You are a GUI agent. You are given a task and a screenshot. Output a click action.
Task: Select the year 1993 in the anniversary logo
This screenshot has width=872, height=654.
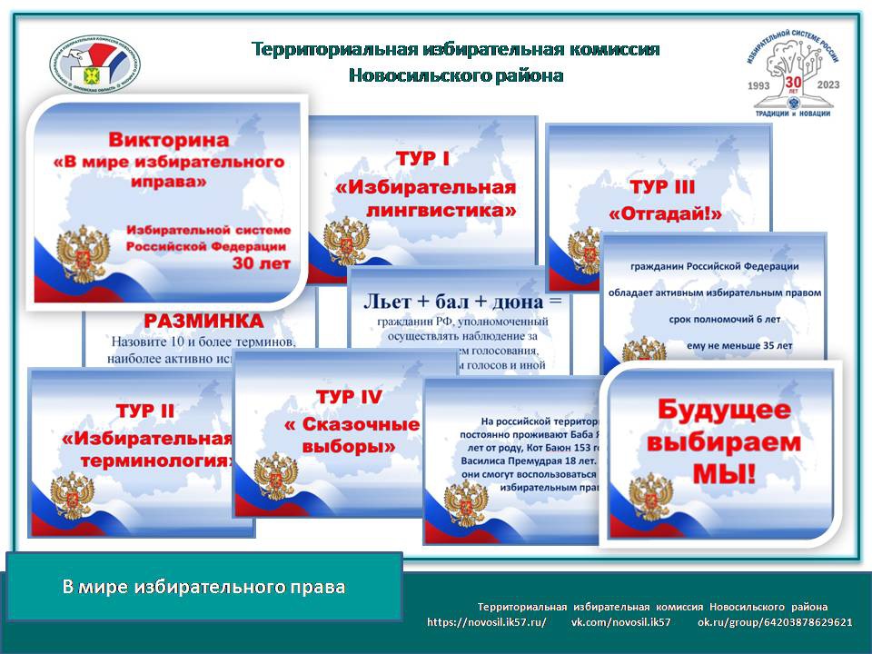[x=764, y=84]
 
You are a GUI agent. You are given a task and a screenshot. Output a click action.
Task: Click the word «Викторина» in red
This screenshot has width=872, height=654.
[x=168, y=141]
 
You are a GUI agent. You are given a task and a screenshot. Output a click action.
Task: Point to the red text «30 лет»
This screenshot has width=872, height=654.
[x=262, y=264]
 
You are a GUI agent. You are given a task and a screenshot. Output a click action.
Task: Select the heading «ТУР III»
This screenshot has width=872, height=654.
[x=662, y=188]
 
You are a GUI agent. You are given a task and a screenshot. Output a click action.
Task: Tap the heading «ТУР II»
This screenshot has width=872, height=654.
[x=144, y=411]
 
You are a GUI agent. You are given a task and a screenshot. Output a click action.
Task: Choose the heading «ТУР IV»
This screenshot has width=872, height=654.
[x=349, y=397]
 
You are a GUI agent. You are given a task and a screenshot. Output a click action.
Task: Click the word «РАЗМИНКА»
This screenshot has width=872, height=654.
[x=203, y=322]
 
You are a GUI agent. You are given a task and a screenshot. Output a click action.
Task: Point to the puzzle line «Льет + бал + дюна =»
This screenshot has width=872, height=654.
[x=463, y=301]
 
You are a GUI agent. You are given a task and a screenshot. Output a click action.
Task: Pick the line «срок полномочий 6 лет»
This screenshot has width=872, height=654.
[x=714, y=319]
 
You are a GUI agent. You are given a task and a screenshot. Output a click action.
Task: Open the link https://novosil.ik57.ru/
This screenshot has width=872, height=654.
[x=486, y=622]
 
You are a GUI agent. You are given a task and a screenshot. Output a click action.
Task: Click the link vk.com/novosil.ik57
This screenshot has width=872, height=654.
[x=620, y=622]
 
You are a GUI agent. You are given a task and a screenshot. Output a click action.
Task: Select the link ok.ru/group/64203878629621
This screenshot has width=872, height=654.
[x=775, y=622]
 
